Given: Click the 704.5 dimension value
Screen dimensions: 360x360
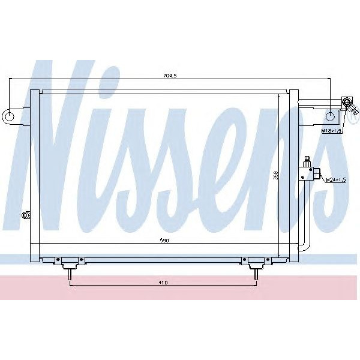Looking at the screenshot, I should (x=172, y=76).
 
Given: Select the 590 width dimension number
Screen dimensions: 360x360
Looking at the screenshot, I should (x=163, y=240).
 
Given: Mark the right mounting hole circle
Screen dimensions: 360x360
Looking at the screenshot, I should (x=331, y=116).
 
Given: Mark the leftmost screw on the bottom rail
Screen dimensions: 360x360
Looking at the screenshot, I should (x=58, y=260).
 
